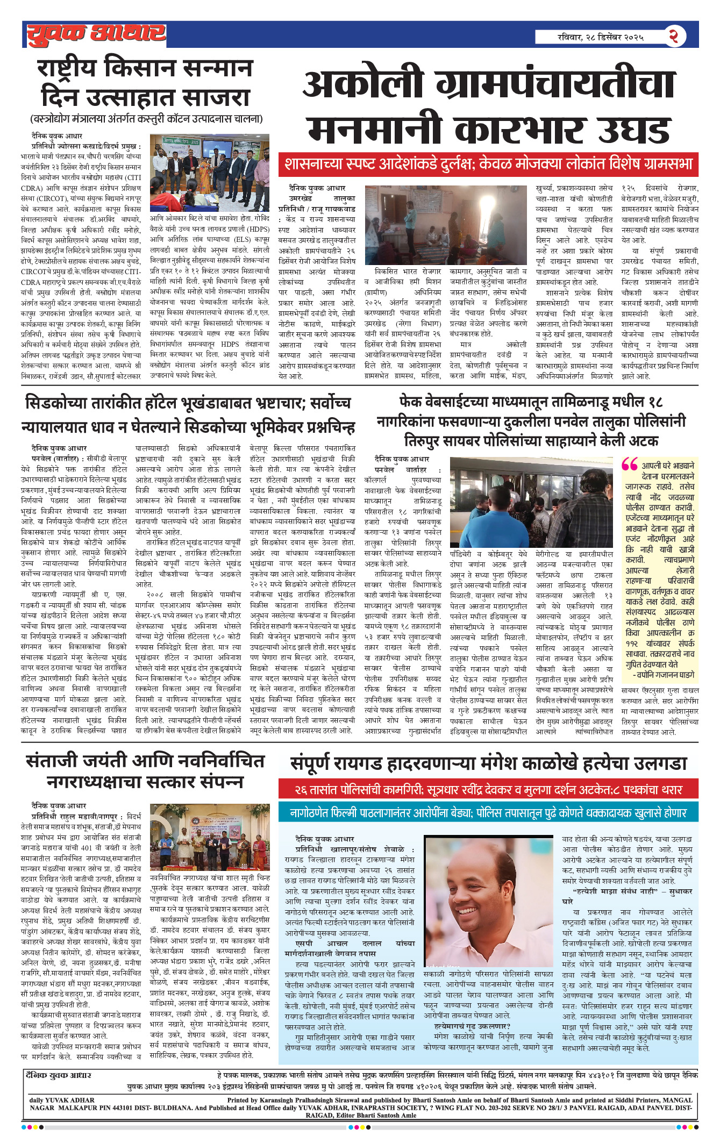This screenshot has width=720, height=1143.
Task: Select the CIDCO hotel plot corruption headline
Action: pyautogui.click(x=188, y=415)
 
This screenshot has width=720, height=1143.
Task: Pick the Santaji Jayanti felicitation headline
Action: pyautogui.click(x=145, y=770)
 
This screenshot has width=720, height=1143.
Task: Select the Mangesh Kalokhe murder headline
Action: pyautogui.click(x=488, y=763)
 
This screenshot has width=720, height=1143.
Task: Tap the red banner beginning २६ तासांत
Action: pyautogui.click(x=488, y=790)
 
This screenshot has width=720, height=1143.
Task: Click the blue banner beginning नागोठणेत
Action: pyautogui.click(x=488, y=813)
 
